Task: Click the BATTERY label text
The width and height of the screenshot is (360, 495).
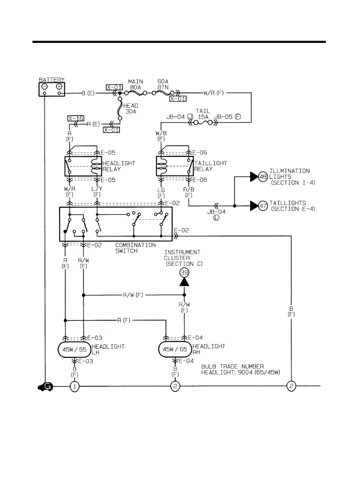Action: coord(51,80)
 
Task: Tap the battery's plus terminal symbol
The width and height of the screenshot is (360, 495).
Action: coord(59,87)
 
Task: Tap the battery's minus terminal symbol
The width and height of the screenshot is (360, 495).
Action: coord(45,87)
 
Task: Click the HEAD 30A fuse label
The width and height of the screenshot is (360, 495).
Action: coord(131,108)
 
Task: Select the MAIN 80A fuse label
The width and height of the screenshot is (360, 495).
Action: coord(135,85)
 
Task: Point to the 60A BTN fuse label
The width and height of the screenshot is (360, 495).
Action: coord(164,85)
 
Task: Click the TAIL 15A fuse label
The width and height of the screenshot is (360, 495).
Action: coord(202,115)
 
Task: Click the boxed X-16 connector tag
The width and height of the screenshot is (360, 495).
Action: coord(75,118)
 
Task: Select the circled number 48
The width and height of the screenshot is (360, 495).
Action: coord(263,177)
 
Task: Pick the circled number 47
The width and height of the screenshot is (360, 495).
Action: coord(263,206)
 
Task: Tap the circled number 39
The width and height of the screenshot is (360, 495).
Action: coord(184,272)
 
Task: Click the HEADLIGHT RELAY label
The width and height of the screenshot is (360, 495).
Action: coord(119,166)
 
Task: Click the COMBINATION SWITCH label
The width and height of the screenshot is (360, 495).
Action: coord(135,247)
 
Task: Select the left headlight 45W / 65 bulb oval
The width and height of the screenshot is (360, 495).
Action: coord(74,350)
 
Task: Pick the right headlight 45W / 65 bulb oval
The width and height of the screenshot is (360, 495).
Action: coord(175,350)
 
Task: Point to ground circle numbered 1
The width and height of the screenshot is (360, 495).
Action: coord(75,387)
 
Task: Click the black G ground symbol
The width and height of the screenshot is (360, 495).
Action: coord(45,387)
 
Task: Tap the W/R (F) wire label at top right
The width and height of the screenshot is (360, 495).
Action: coord(214,93)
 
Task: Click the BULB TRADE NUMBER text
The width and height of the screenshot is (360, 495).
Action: coord(232,366)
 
